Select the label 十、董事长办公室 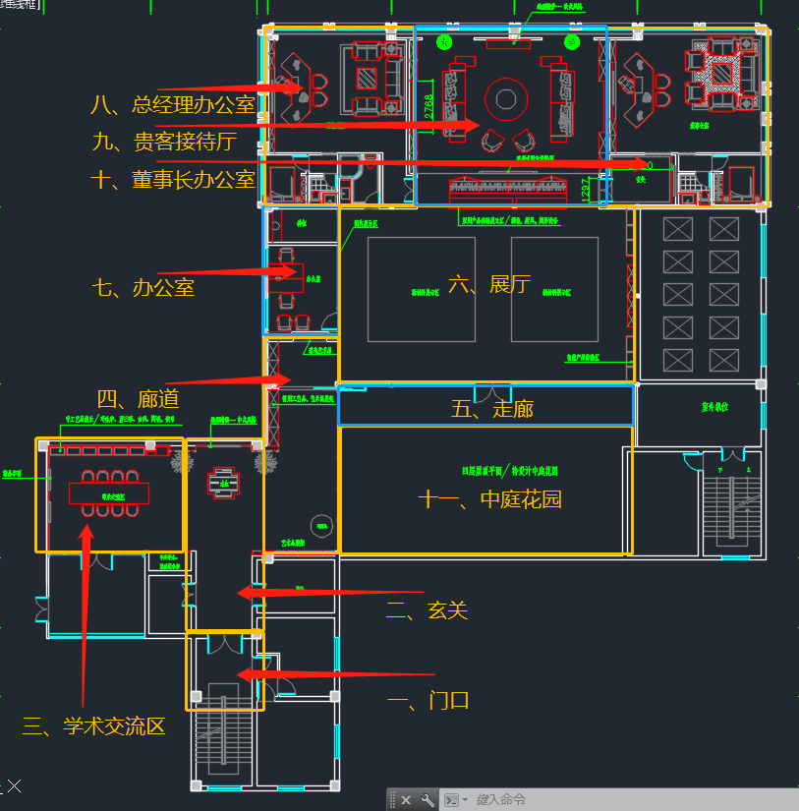(173, 180)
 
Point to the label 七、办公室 (143, 288)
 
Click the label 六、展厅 (489, 285)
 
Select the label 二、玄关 (427, 611)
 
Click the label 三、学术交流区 (93, 727)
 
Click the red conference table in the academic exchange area (108, 493)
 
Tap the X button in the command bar (406, 800)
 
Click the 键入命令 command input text (501, 800)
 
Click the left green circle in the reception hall (444, 41)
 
